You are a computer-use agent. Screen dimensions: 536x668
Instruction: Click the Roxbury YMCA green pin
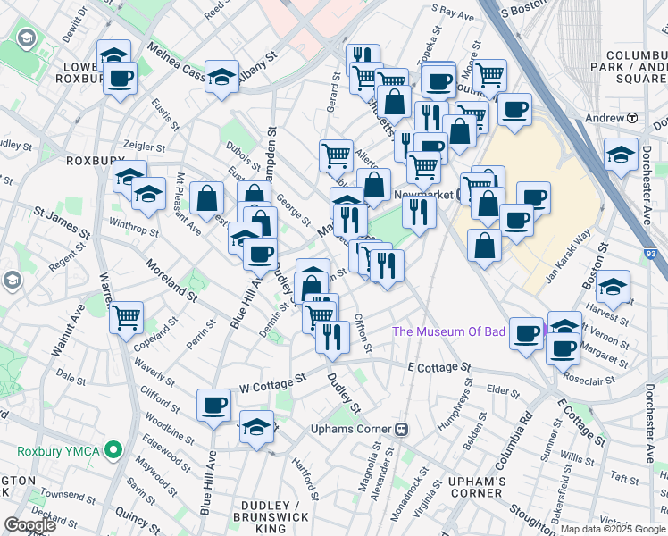pyautogui.click(x=113, y=450)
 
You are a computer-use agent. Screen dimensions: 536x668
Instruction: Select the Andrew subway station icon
pyautogui.click(x=631, y=118)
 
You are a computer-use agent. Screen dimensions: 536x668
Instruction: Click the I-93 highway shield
pyautogui.click(x=650, y=255)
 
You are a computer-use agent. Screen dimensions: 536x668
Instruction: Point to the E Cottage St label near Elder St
pyautogui.click(x=438, y=367)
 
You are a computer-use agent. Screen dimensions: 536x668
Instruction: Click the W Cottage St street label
pyautogui.click(x=273, y=381)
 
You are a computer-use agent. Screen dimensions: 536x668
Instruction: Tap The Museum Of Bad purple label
pyautogui.click(x=462, y=332)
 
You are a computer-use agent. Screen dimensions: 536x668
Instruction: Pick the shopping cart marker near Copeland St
pyautogui.click(x=127, y=316)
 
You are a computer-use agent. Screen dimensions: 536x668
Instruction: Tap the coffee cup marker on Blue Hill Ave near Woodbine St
pyautogui.click(x=213, y=406)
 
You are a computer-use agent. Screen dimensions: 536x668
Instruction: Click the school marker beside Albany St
pyautogui.click(x=222, y=78)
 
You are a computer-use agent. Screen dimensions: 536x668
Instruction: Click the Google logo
pyautogui.click(x=29, y=525)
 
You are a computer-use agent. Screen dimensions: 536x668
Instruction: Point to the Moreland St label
pyautogui.click(x=172, y=281)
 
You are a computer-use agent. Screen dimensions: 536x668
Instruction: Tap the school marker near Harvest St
pyautogui.click(x=613, y=289)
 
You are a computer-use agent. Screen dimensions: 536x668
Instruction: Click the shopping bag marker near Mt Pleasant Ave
pyautogui.click(x=206, y=197)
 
